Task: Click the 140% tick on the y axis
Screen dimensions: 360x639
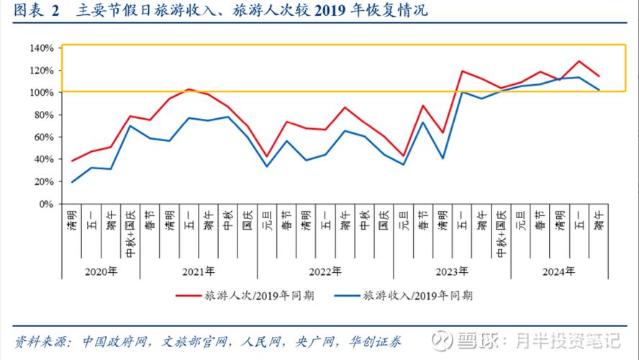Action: click(41, 48)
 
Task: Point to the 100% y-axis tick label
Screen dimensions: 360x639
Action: click(41, 93)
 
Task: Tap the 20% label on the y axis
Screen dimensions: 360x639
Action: click(43, 181)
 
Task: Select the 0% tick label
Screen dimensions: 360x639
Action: click(46, 204)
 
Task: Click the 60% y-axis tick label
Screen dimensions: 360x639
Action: click(43, 137)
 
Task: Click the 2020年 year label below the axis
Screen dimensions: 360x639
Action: click(101, 271)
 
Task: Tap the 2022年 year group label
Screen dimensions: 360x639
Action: click(325, 271)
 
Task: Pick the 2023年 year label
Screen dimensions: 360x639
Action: click(452, 271)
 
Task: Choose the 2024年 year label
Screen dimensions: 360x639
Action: click(559, 271)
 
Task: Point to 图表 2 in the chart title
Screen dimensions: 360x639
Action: click(35, 13)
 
